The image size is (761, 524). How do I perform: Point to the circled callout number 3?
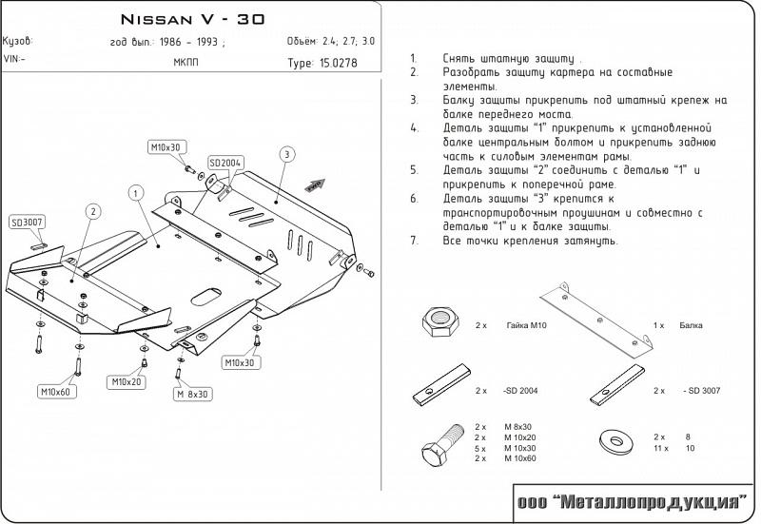(x=285, y=154)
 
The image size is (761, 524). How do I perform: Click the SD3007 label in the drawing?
(x=28, y=223)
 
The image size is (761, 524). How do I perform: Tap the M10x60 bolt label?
(x=56, y=391)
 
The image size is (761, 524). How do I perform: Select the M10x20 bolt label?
(x=126, y=381)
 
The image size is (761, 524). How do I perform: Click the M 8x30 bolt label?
(x=193, y=393)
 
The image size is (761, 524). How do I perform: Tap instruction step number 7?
(x=414, y=242)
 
